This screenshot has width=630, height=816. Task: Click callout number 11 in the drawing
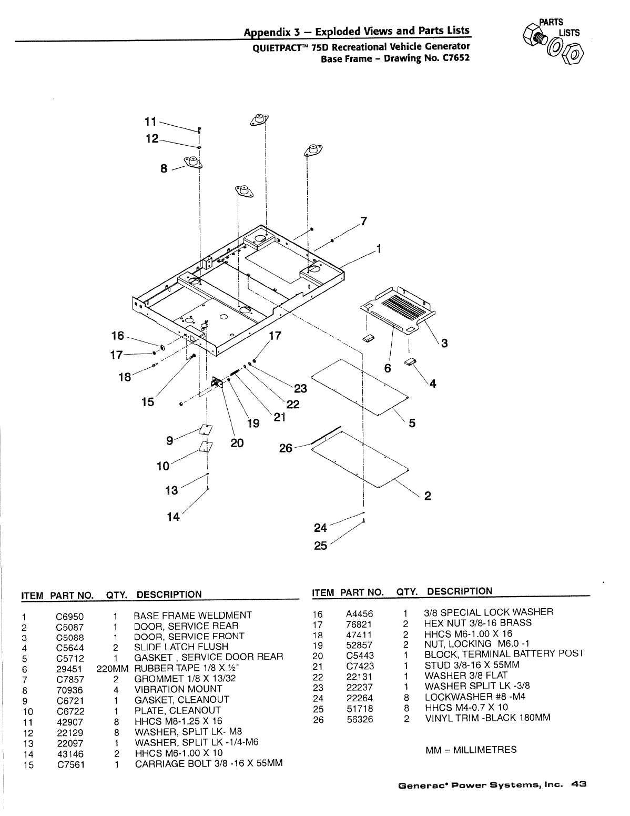pos(150,122)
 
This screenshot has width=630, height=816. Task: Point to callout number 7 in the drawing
pos(363,220)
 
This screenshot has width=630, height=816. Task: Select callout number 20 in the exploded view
pos(237,443)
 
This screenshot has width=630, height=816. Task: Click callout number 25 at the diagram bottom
pos(320,546)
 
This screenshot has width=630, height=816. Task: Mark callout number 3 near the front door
pos(444,344)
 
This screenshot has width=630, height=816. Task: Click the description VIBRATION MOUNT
pos(178,689)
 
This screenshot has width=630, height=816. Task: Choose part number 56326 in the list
pos(360,719)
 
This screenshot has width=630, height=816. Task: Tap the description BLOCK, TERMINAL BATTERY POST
pos(504,654)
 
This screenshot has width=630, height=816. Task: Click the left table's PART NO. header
pos(72,595)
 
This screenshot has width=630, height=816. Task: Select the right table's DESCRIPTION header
pos(460,591)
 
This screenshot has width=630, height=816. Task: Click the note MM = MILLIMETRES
pos(470,750)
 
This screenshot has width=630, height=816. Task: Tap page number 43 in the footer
pos(579,784)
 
